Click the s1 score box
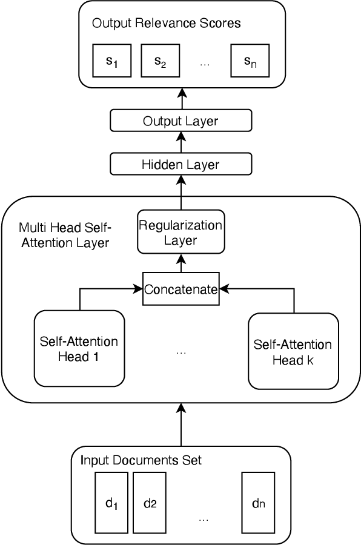pos(112,61)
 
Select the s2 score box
pos(159,61)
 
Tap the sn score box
pos(249,61)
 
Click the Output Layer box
pos(180,121)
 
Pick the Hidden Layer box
pos(180,164)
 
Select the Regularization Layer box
pos(180,233)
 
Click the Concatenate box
pos(180,289)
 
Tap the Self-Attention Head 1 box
pos(79,349)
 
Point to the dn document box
pos(258,503)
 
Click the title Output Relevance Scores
pos(167,24)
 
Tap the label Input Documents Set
pos(141,461)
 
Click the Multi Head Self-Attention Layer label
pos(64,235)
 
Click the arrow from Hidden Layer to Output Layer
pos(180,143)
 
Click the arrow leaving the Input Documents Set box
pos(180,424)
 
